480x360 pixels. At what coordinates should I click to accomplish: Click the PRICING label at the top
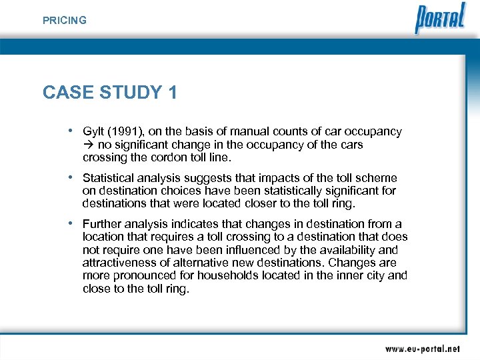pyautogui.click(x=65, y=21)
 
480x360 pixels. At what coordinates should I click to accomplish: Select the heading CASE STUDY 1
pyautogui.click(x=110, y=93)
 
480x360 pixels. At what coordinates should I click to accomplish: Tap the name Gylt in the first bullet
pyautogui.click(x=93, y=132)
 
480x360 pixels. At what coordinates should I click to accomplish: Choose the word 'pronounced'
pyautogui.click(x=138, y=275)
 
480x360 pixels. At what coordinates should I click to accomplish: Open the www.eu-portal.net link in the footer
pyautogui.click(x=422, y=348)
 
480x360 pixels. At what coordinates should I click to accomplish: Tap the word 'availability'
pyautogui.click(x=342, y=250)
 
